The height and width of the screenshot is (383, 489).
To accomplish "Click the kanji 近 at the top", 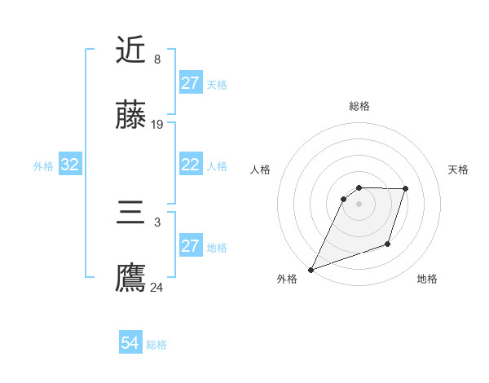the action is (130, 51).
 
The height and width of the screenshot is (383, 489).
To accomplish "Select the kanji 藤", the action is (130, 117).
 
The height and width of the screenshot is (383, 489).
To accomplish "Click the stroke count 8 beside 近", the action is (156, 59).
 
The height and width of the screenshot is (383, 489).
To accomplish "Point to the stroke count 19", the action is (157, 125).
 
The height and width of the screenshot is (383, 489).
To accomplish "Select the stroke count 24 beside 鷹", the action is (157, 287).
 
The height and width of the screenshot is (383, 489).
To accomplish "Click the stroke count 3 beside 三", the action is (156, 222).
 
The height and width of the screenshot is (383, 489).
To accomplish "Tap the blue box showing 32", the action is (69, 165).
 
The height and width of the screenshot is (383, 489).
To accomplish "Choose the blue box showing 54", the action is (130, 344).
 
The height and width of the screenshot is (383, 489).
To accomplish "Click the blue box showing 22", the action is (191, 165).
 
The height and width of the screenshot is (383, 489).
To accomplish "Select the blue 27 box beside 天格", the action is (191, 83).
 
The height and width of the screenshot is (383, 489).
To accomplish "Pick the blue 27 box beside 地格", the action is (191, 247).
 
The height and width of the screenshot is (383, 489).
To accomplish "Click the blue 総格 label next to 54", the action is (156, 345).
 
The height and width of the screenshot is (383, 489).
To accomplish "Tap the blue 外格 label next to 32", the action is (43, 166).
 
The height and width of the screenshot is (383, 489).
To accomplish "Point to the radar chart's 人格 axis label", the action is (261, 169).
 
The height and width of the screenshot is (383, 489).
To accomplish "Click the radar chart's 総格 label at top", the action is (359, 106).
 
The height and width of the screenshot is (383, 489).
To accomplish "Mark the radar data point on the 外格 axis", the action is (311, 270).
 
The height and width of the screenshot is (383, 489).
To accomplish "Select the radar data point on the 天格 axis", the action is (406, 189).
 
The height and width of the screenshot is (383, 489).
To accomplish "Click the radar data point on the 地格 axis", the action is (388, 244).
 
